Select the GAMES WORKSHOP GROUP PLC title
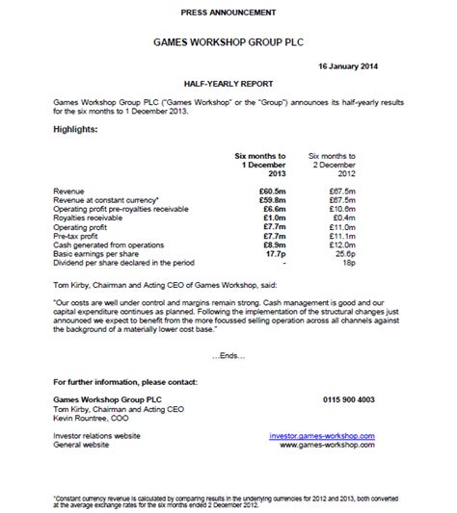[x=228, y=44]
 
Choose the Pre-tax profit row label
[x=76, y=235]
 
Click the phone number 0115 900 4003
[x=346, y=398]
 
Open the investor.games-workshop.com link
[x=323, y=436]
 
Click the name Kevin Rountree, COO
[x=94, y=415]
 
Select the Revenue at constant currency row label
[x=104, y=200]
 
